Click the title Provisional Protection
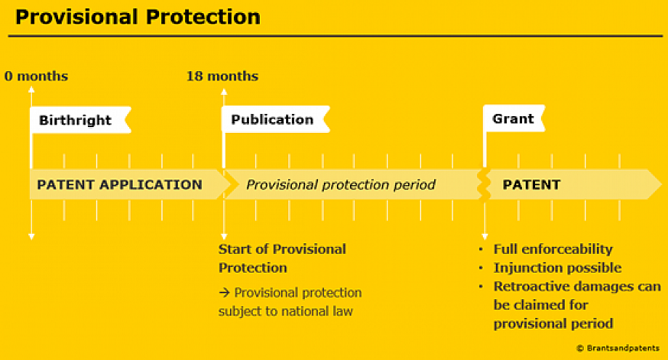pyautogui.click(x=138, y=17)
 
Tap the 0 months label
pyautogui.click(x=36, y=76)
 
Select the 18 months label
pyautogui.click(x=222, y=76)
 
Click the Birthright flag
pyautogui.click(x=81, y=120)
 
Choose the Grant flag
pyautogui.click(x=514, y=118)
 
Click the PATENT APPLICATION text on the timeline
pyautogui.click(x=120, y=185)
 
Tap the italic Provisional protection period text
pyautogui.click(x=341, y=185)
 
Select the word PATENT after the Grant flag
pyautogui.click(x=531, y=185)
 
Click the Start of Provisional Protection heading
pyautogui.click(x=282, y=258)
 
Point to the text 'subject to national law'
pyautogui.click(x=285, y=311)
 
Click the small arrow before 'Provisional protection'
pyautogui.click(x=224, y=292)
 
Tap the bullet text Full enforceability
pyautogui.click(x=553, y=249)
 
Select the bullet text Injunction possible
pyautogui.click(x=557, y=268)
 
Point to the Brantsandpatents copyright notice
pyautogui.click(x=618, y=348)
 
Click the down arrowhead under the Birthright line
pyautogui.click(x=31, y=237)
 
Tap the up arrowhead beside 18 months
pyautogui.click(x=224, y=91)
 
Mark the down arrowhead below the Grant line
pyautogui.click(x=484, y=237)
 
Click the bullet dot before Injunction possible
pyautogui.click(x=481, y=268)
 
